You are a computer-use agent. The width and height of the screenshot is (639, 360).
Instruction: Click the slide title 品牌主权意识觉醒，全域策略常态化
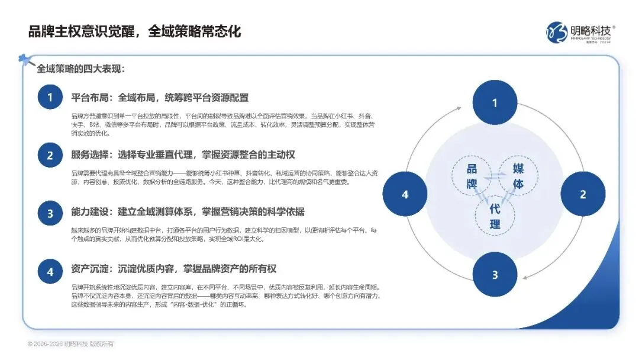pyautogui.click(x=135, y=31)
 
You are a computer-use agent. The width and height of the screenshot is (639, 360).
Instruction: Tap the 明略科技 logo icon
pyautogui.click(x=557, y=31)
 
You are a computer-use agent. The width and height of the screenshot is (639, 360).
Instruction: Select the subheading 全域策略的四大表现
pyautogui.click(x=80, y=69)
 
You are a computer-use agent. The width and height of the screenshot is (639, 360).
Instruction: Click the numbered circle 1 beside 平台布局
pyautogui.click(x=51, y=97)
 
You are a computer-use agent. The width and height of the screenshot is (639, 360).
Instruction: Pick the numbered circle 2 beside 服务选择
pyautogui.click(x=51, y=155)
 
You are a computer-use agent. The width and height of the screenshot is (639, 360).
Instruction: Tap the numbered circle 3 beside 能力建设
pyautogui.click(x=51, y=213)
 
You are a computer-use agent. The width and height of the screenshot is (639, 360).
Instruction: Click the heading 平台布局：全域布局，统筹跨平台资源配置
pyautogui.click(x=160, y=98)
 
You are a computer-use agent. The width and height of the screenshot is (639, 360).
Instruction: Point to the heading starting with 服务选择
pyautogui.click(x=183, y=155)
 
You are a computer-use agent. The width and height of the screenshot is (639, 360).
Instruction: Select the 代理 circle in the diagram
pyautogui.click(x=495, y=216)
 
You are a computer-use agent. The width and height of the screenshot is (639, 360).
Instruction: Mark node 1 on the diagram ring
pyautogui.click(x=495, y=103)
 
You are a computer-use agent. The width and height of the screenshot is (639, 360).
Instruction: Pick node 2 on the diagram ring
pyautogui.click(x=583, y=194)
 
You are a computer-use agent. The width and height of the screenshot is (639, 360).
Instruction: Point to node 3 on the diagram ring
pyautogui.click(x=495, y=275)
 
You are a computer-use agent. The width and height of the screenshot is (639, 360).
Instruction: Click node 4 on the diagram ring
pyautogui.click(x=405, y=194)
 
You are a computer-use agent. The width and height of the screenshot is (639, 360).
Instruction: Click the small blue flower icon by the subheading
pyautogui.click(x=25, y=59)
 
